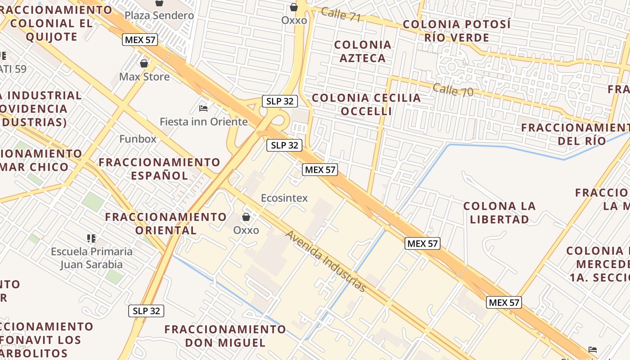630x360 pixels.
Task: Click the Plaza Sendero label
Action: click(159, 15)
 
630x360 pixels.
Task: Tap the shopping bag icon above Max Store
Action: click(144, 63)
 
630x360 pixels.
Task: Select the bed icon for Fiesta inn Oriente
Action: click(203, 108)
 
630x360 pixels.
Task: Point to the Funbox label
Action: click(138, 139)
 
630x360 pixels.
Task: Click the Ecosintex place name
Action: click(284, 198)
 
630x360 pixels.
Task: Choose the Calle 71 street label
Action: click(341, 14)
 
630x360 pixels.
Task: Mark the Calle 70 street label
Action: click(453, 90)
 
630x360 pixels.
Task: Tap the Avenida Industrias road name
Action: click(326, 261)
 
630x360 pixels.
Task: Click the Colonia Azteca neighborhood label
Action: click(363, 51)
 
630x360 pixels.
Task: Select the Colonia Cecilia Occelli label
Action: click(366, 104)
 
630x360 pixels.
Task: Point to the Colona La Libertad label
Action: click(499, 213)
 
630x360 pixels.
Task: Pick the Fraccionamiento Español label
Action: click(160, 169)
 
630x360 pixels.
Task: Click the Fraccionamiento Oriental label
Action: click(166, 223)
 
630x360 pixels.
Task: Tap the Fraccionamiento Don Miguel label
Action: click(225, 336)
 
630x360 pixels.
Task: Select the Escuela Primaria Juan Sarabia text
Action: click(92, 258)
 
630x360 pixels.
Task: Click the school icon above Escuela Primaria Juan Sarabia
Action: click(92, 238)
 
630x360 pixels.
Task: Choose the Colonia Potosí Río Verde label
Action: click(457, 31)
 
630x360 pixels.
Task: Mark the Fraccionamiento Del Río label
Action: click(576, 134)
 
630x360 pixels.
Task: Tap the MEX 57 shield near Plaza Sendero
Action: click(140, 40)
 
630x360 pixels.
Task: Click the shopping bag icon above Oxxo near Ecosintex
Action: click(246, 217)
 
